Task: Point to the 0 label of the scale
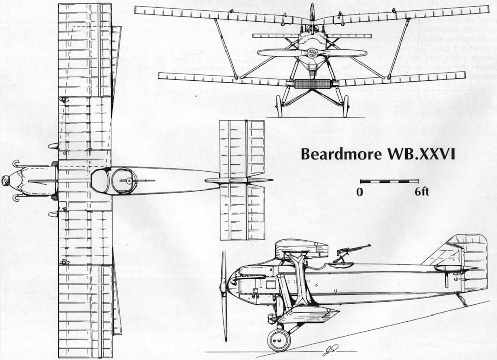[360, 192]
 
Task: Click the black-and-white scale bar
[389, 181]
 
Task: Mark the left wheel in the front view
[279, 106]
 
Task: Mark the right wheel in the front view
[345, 106]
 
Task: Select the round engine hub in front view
[312, 53]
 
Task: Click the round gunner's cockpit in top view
[124, 181]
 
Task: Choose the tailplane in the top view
[242, 180]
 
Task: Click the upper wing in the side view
[301, 247]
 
